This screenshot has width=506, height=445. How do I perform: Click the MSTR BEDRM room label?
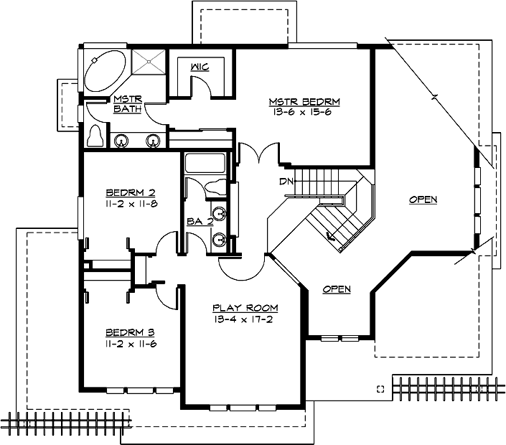click(304, 101)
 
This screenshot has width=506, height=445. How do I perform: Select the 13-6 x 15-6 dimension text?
click(304, 112)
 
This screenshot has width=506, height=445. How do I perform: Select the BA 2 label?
click(200, 222)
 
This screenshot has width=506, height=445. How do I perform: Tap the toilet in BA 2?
click(215, 188)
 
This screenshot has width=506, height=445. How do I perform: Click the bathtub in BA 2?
click(205, 163)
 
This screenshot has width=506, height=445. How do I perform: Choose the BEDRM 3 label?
click(131, 332)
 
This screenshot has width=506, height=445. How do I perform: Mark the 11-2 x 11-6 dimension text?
click(131, 344)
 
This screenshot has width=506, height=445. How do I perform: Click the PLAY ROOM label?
click(245, 308)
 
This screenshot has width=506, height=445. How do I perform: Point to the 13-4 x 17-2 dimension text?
click(245, 319)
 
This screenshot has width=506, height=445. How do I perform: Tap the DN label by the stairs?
click(285, 182)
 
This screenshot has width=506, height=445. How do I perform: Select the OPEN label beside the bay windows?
click(423, 199)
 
